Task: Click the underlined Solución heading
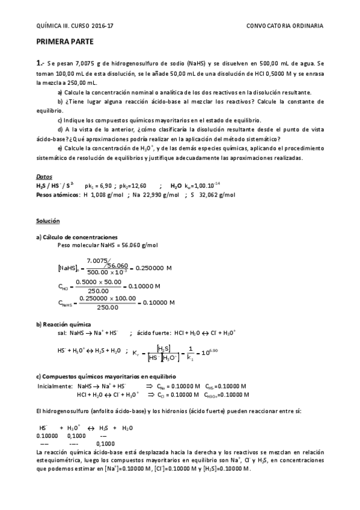(47, 221)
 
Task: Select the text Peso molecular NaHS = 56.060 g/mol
(108, 245)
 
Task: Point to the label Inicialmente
(54, 386)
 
